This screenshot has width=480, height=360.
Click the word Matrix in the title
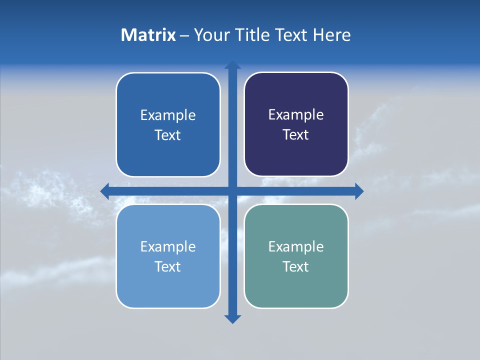tap(148, 35)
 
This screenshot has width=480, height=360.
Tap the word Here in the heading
tap(331, 35)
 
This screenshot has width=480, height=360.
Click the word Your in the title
tap(210, 35)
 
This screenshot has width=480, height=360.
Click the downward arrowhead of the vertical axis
tap(232, 319)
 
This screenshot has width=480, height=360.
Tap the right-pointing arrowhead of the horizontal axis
tap(359, 191)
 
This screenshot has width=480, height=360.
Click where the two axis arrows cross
tap(232, 191)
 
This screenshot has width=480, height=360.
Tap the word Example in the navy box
tap(296, 115)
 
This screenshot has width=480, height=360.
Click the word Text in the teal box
tap(296, 266)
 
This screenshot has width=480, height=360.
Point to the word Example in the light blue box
tap(168, 246)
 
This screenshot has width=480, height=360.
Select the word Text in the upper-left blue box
tap(168, 135)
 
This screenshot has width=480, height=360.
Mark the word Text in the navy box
tap(296, 134)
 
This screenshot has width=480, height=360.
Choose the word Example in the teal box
tap(296, 246)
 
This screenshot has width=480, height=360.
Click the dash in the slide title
tap(184, 35)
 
